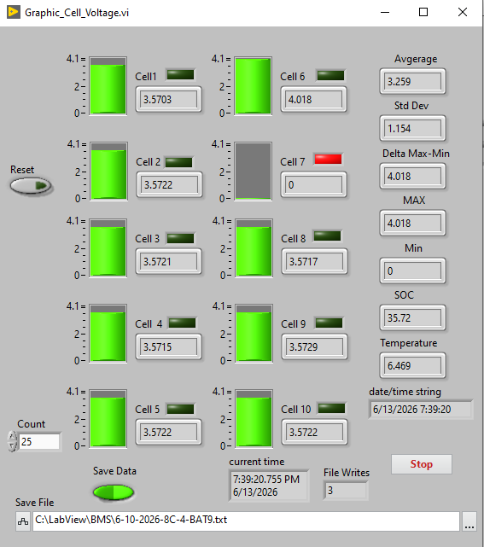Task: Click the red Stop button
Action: pyautogui.click(x=421, y=464)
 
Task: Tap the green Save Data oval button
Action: pyautogui.click(x=114, y=492)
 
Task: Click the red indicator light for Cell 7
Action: pyautogui.click(x=328, y=159)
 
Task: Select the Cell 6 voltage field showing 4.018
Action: pyautogui.click(x=313, y=100)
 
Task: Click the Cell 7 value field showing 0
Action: pyautogui.click(x=313, y=185)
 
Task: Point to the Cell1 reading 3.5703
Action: pyautogui.click(x=168, y=100)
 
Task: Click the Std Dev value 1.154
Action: pyautogui.click(x=412, y=128)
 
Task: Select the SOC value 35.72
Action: pyautogui.click(x=412, y=317)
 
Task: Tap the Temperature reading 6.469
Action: pyautogui.click(x=412, y=365)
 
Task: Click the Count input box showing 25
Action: pyautogui.click(x=39, y=442)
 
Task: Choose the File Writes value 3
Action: pyautogui.click(x=346, y=491)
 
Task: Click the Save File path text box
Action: pyautogui.click(x=246, y=521)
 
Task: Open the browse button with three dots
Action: pyautogui.click(x=469, y=521)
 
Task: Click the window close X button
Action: pyautogui.click(x=463, y=12)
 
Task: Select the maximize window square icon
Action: pyautogui.click(x=423, y=12)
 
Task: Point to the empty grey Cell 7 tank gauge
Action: pyautogui.click(x=253, y=171)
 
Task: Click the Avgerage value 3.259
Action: pyautogui.click(x=412, y=81)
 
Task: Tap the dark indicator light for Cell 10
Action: pyautogui.click(x=331, y=409)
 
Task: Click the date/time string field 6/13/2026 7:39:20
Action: pyautogui.click(x=421, y=410)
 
